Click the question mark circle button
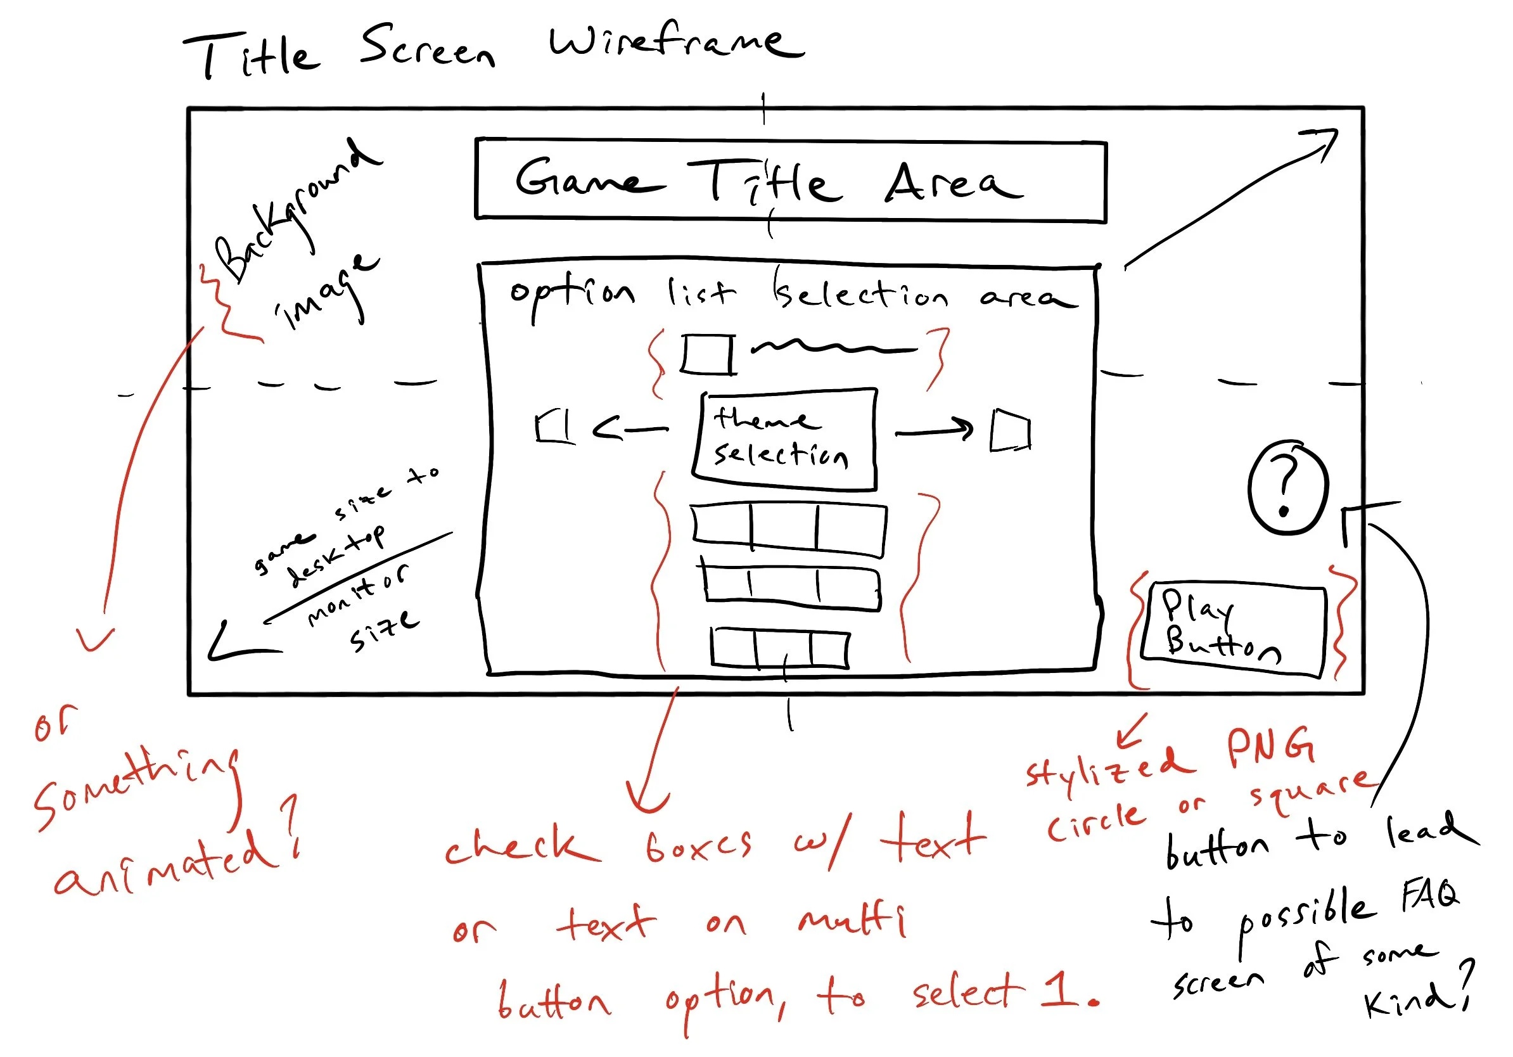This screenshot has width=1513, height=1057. tap(1286, 488)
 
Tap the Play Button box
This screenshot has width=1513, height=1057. tap(1234, 629)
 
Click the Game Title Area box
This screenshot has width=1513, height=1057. tap(790, 180)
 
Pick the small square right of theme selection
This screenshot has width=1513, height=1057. tap(1010, 432)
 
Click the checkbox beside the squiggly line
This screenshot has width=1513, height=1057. tap(708, 354)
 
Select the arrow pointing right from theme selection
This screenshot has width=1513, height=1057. tap(935, 430)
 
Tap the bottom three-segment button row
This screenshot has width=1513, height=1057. tap(779, 648)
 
